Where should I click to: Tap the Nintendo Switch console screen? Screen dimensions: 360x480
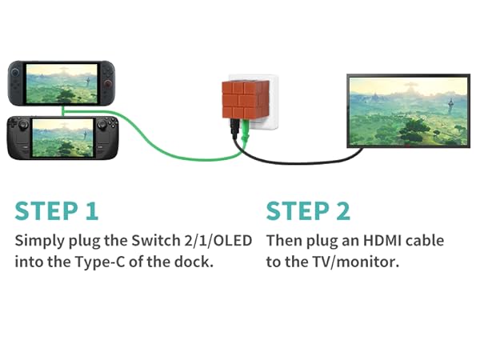(63, 82)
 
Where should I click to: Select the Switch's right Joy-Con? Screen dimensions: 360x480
(109, 82)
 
